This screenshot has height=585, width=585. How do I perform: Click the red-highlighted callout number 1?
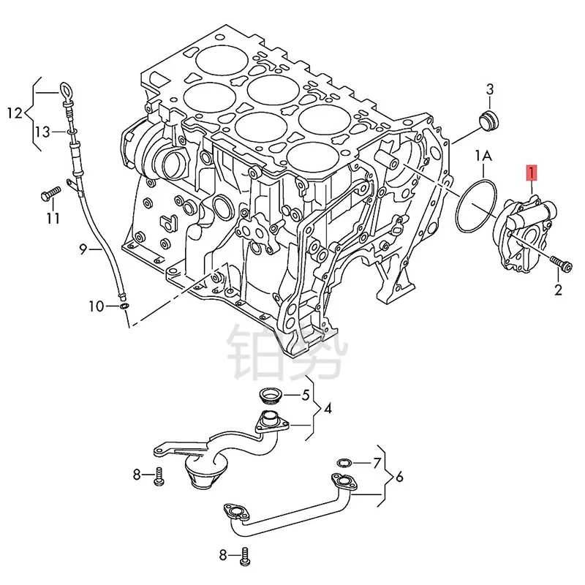tap(532, 174)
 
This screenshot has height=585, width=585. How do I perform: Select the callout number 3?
tap(490, 90)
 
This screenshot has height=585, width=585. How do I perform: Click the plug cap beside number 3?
tap(486, 120)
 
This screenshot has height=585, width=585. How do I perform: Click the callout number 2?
tap(558, 291)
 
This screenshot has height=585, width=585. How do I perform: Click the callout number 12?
tap(15, 113)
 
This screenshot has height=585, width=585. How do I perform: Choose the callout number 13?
tap(42, 132)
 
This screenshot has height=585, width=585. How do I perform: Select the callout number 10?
tap(97, 306)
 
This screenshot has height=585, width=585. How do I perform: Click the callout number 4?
tap(328, 408)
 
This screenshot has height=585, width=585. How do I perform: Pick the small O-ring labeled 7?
tap(344, 462)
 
